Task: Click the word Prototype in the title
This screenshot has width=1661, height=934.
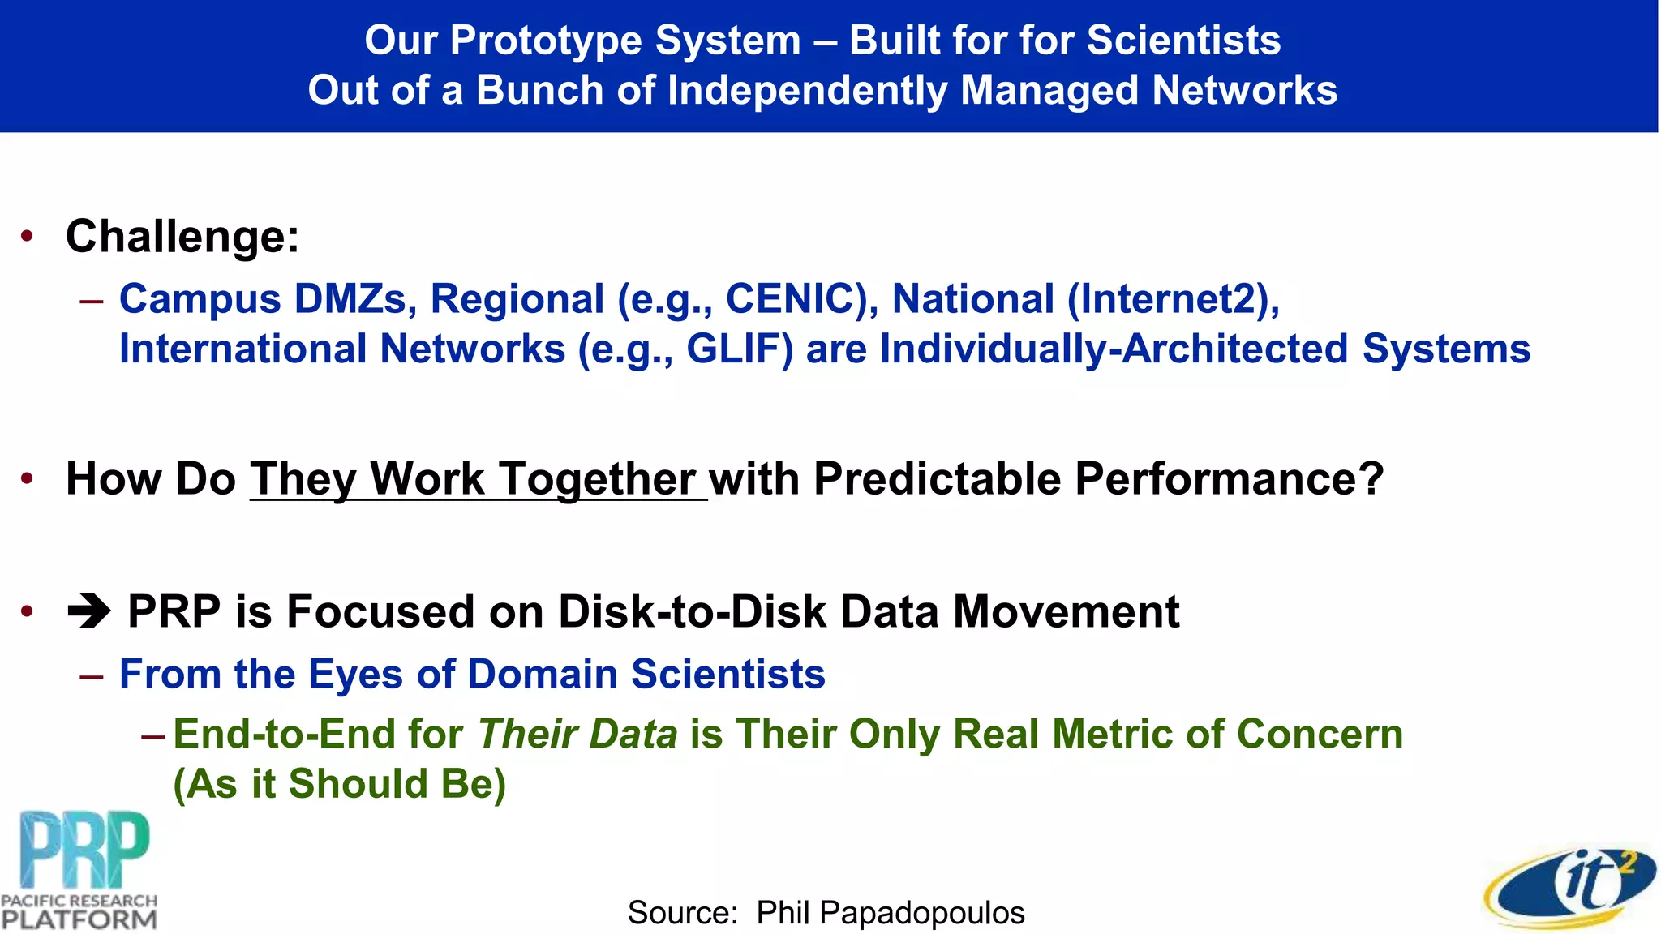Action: (x=544, y=41)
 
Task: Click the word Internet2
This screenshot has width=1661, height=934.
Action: (x=1168, y=299)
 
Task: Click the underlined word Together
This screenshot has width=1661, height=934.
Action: (x=596, y=479)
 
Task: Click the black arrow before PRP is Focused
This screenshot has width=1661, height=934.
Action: (x=89, y=612)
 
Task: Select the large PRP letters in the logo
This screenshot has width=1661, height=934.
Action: (x=85, y=850)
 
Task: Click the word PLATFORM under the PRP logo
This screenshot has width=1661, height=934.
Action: (x=79, y=919)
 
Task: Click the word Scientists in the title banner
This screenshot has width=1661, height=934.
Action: (x=1183, y=41)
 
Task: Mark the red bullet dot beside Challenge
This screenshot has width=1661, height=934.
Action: (x=28, y=237)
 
